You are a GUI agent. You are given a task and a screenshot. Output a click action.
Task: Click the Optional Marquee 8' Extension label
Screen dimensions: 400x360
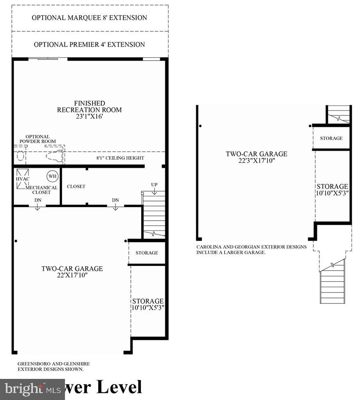(x=89, y=18)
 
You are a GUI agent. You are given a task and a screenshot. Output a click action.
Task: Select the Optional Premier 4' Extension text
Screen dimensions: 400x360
(x=89, y=45)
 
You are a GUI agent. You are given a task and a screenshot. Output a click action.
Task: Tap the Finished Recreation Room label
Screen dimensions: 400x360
(x=89, y=106)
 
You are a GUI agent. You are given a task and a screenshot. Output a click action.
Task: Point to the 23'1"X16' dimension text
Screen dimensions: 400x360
(x=89, y=117)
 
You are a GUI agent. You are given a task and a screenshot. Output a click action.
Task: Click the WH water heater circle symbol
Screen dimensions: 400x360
(x=52, y=176)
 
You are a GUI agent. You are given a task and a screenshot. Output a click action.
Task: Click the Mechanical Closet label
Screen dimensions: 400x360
(x=41, y=190)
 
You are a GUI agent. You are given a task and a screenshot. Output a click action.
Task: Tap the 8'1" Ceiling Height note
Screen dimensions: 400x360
(x=120, y=158)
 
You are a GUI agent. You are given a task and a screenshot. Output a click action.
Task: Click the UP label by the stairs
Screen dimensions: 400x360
(x=154, y=184)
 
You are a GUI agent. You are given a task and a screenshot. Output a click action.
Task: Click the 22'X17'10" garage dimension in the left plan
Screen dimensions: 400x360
(x=72, y=275)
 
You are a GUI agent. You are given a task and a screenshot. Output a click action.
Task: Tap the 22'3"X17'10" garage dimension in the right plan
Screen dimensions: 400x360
(x=256, y=160)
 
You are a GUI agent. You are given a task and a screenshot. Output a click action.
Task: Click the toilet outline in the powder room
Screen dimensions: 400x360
(x=54, y=156)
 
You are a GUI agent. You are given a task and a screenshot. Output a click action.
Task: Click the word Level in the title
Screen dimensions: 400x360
(x=119, y=387)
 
